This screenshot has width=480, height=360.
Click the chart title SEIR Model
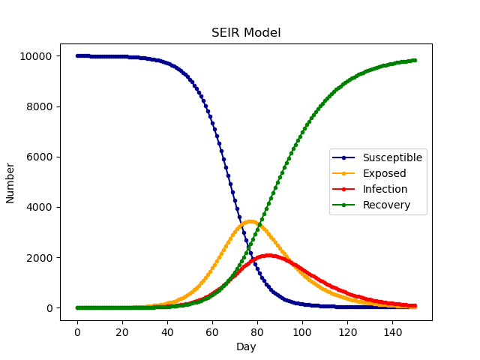click(x=246, y=33)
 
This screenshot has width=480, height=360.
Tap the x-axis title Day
click(x=246, y=347)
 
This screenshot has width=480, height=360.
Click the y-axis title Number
click(x=10, y=182)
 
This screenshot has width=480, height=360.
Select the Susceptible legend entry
click(x=392, y=157)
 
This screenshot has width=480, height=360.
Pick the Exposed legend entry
click(x=384, y=173)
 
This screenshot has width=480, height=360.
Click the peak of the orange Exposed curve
click(x=250, y=221)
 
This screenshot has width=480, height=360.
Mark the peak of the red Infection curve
click(x=268, y=256)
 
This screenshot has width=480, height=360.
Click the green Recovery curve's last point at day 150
click(x=415, y=60)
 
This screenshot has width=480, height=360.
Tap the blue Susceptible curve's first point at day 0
click(x=77, y=55)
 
